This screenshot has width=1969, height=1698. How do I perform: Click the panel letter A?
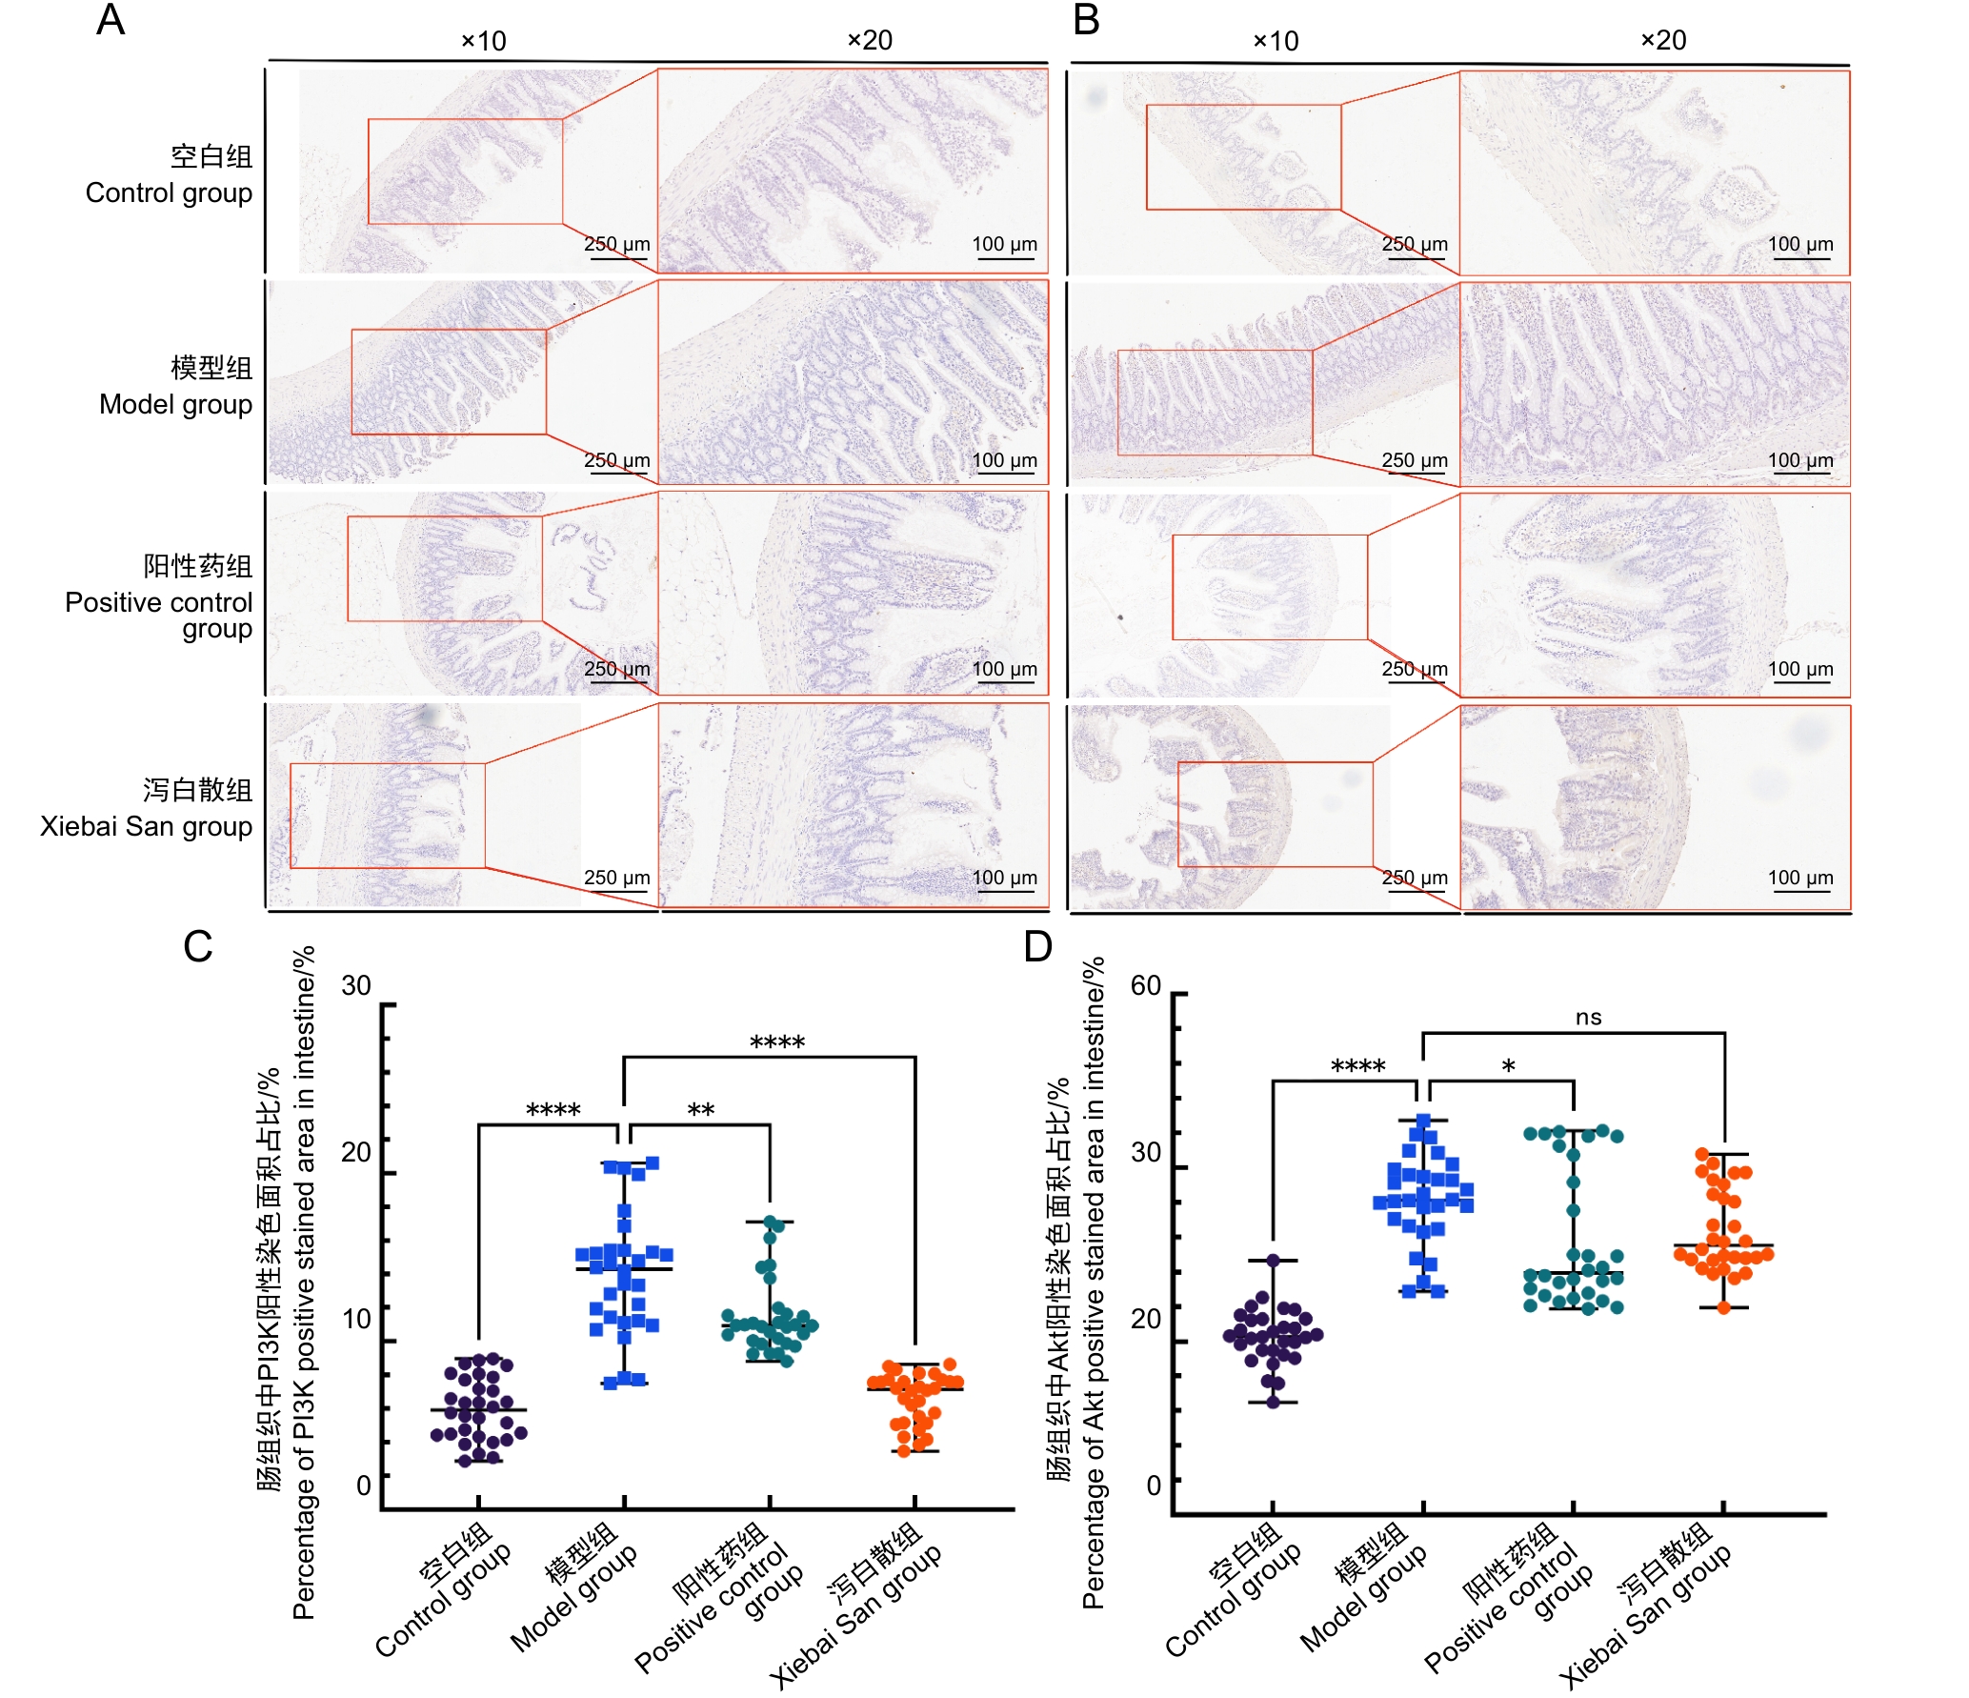[x=111, y=20]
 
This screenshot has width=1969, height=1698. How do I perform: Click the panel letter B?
[x=1086, y=20]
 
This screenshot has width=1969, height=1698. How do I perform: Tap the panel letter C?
[x=198, y=946]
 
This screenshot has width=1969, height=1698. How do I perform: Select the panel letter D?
[x=1037, y=946]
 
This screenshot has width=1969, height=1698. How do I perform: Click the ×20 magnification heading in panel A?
[x=870, y=40]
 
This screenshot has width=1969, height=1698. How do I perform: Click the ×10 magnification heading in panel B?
[x=1276, y=41]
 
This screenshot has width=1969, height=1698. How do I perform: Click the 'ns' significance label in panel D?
[x=1588, y=1017]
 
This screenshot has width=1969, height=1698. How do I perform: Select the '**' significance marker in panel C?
[x=701, y=1110]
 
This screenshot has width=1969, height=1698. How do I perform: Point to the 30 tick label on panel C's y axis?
[x=356, y=985]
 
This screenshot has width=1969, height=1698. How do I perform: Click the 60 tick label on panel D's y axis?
[x=1146, y=985]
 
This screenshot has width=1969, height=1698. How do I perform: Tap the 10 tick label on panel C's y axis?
[x=356, y=1319]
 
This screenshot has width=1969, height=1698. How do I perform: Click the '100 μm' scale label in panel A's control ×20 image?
[x=1004, y=244]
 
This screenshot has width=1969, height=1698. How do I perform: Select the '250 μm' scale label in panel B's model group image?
[x=1415, y=460]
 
